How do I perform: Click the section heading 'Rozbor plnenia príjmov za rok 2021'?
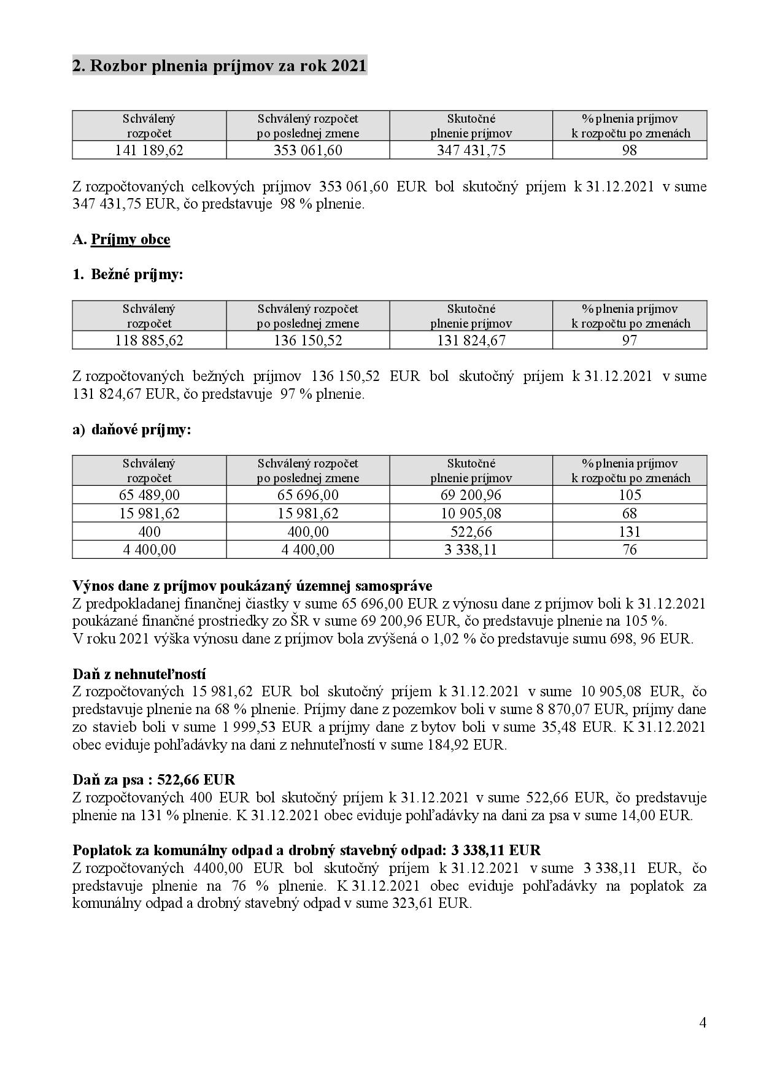click(x=220, y=66)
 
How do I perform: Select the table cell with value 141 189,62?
click(x=149, y=150)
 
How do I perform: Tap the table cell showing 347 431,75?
click(x=471, y=150)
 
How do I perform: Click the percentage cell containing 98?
click(x=630, y=150)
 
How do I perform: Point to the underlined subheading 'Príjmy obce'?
click(x=130, y=239)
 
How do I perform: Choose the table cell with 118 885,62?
click(x=149, y=340)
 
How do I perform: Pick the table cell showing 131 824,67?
click(x=471, y=340)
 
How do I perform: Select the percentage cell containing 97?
click(x=630, y=340)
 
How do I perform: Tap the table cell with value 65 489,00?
click(x=149, y=495)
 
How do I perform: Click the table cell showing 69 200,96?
click(x=471, y=495)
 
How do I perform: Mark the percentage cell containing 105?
click(x=630, y=495)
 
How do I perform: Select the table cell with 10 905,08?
click(x=471, y=513)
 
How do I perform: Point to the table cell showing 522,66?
click(x=471, y=532)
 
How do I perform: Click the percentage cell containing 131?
click(x=630, y=532)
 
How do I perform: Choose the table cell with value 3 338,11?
click(x=471, y=550)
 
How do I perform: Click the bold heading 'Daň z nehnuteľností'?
click(x=139, y=674)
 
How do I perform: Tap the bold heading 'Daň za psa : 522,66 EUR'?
click(x=153, y=780)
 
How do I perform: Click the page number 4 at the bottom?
click(x=703, y=1023)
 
